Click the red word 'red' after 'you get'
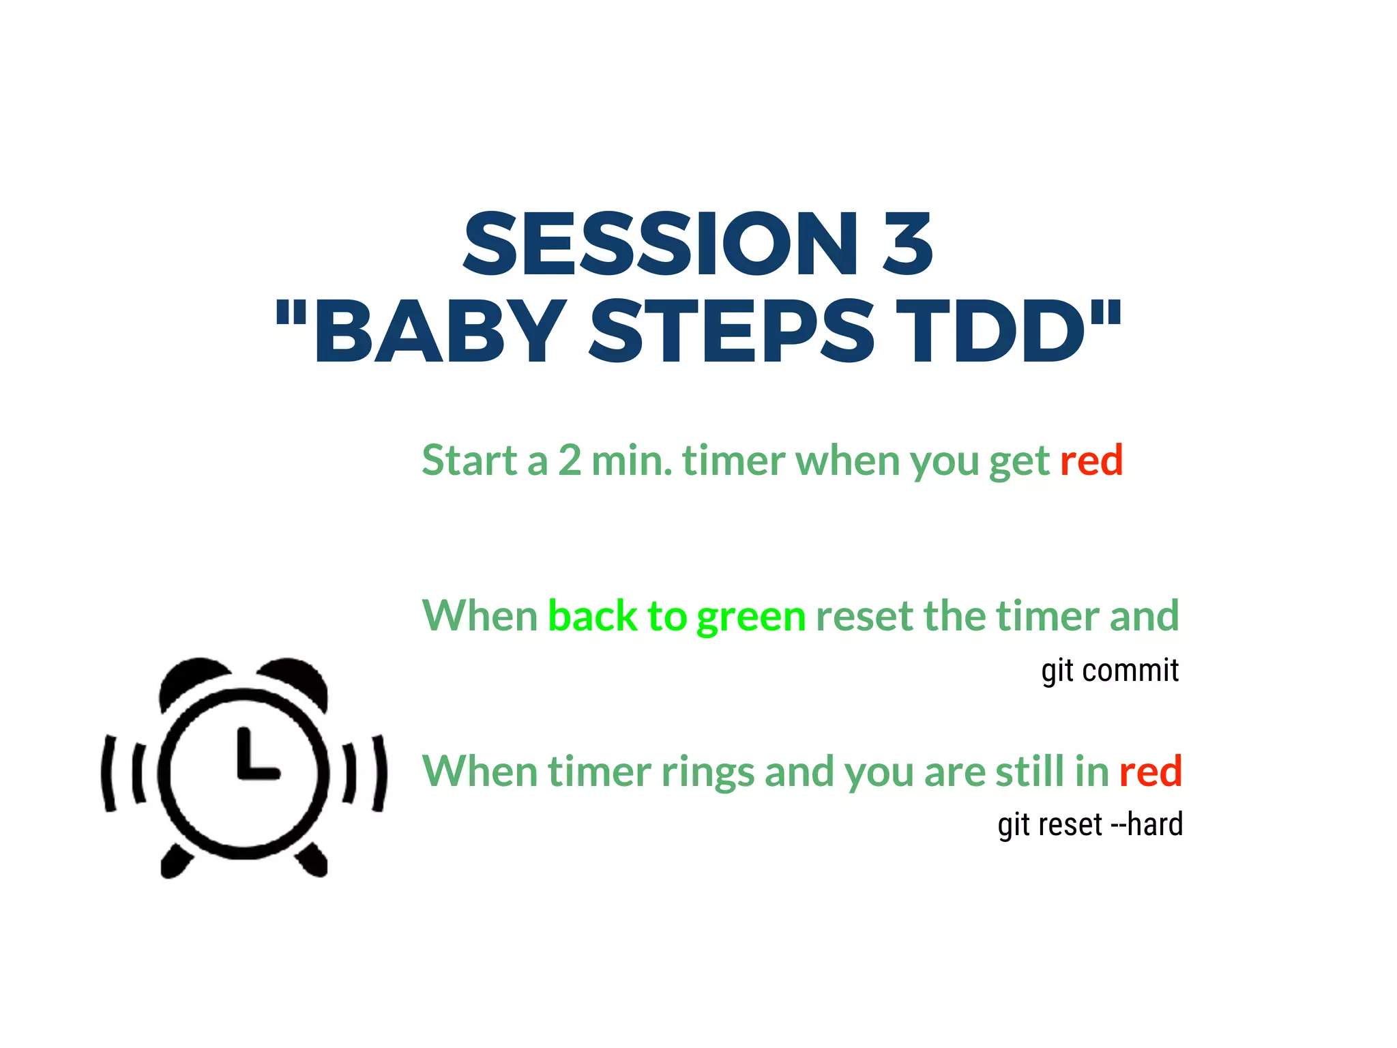1091,460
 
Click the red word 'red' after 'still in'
1150,771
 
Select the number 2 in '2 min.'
570,460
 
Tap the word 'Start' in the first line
470,460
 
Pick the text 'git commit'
1110,671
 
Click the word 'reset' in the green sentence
864,615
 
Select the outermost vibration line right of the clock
380,773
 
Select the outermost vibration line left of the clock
107,773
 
